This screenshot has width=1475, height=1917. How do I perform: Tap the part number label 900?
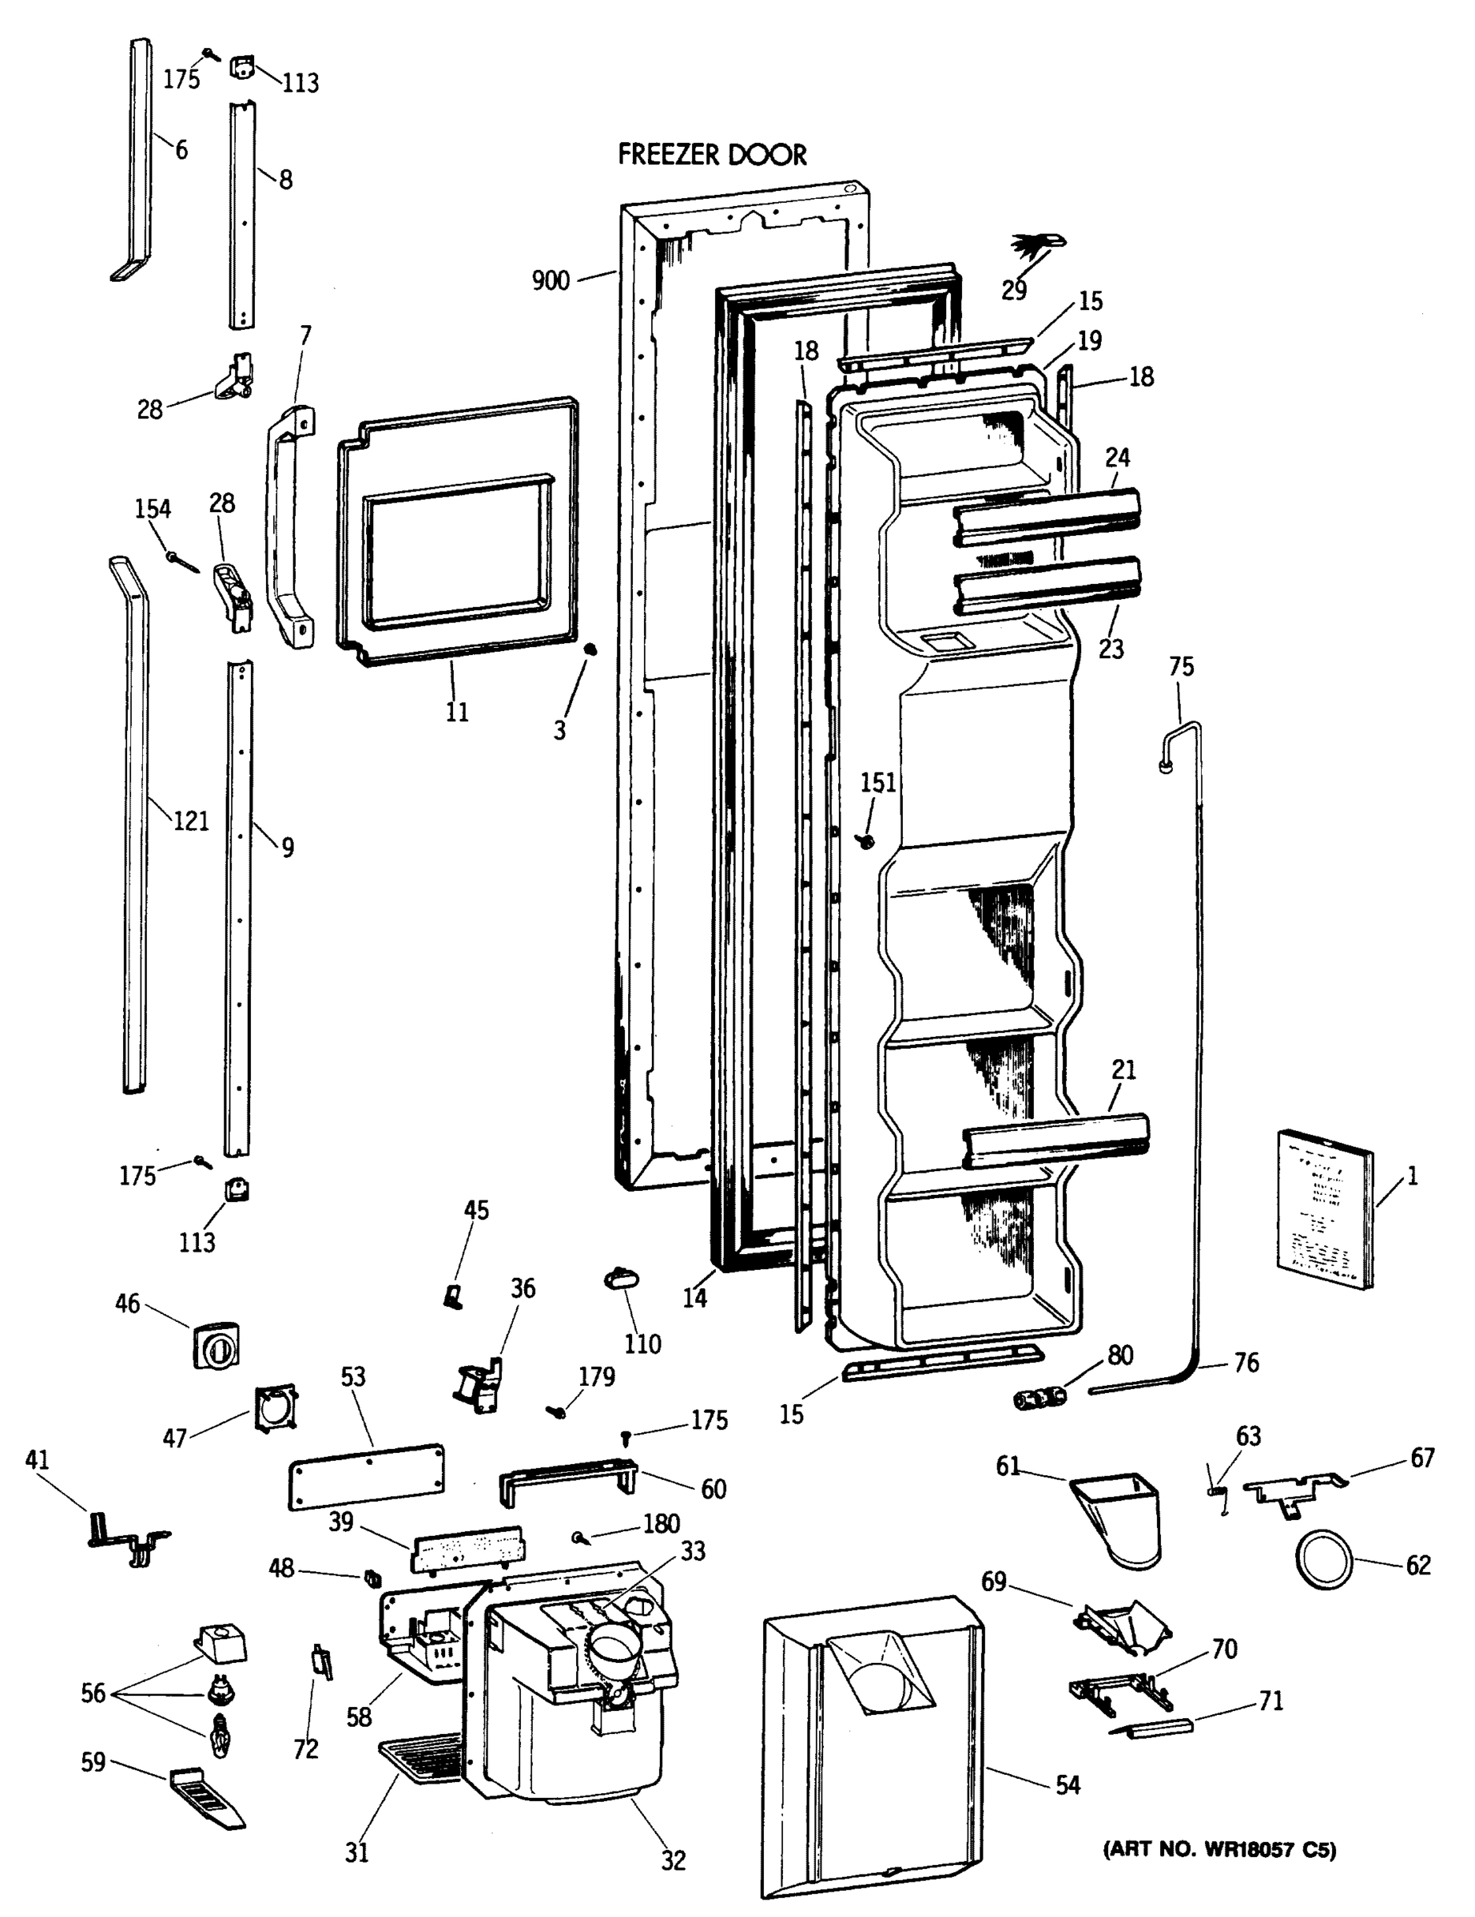[551, 281]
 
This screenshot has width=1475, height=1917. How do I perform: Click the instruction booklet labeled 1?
[1325, 1210]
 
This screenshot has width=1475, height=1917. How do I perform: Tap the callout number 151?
[878, 781]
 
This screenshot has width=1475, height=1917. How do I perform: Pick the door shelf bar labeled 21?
[1056, 1141]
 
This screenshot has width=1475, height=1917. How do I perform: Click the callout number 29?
[1014, 291]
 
